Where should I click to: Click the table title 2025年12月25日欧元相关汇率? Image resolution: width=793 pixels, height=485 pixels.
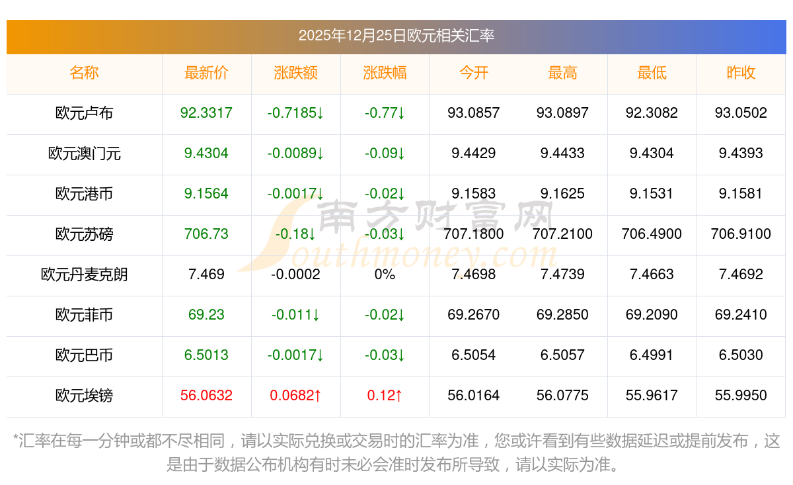(x=396, y=36)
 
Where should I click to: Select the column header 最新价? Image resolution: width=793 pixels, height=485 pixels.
(x=206, y=73)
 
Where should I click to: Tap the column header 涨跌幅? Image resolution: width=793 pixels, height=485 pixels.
(x=385, y=73)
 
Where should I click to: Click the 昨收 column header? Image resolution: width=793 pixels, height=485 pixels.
(x=741, y=73)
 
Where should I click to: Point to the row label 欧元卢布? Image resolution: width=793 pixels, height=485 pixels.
(x=84, y=113)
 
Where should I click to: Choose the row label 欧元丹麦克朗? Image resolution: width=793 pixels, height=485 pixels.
(x=84, y=275)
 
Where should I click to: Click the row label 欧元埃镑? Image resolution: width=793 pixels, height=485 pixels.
(x=84, y=396)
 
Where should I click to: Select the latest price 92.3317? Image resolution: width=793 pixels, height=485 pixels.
(x=206, y=113)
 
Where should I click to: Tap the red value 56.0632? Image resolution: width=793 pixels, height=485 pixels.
(x=206, y=396)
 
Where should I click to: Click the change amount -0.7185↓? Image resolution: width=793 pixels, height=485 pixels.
(x=295, y=113)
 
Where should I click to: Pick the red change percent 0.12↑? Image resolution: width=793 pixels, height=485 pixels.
(x=385, y=396)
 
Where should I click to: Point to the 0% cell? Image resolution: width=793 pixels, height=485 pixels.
(x=385, y=275)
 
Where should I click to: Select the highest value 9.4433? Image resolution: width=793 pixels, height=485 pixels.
(x=562, y=154)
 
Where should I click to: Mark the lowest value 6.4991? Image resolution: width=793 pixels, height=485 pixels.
(x=652, y=355)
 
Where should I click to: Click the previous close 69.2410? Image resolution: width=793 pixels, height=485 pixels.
(x=741, y=315)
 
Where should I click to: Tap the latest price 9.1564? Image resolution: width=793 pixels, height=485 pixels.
(x=206, y=194)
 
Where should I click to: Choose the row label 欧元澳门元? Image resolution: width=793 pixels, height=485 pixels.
(x=84, y=154)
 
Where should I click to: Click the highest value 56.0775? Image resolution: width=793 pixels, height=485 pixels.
(x=562, y=396)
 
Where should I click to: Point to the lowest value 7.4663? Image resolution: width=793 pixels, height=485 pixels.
(x=652, y=275)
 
